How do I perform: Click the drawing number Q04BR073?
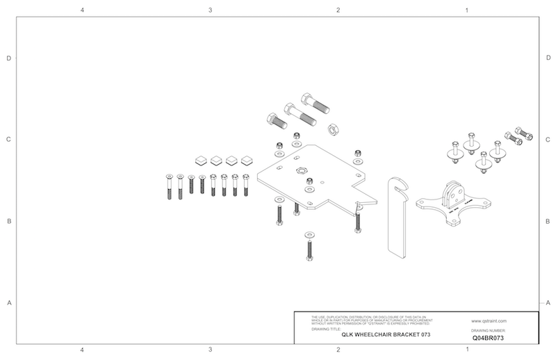coord(487,337)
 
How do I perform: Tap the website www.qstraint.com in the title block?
coord(487,322)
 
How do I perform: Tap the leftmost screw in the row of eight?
coord(169,186)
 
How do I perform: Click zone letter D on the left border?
coord(9,58)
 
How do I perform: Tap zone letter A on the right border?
coord(548,303)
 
